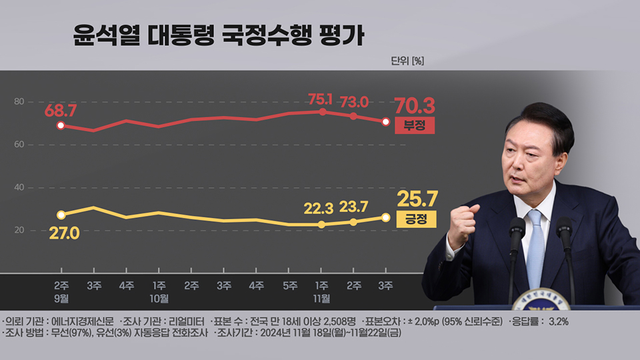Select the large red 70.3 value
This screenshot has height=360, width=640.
[x=414, y=105]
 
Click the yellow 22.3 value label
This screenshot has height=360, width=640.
[x=318, y=209]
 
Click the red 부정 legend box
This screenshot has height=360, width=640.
[x=414, y=125]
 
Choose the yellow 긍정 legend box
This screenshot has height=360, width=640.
[x=415, y=218]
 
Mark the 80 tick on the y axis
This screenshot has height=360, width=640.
[x=19, y=101]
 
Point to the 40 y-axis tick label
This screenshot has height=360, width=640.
[x=19, y=187]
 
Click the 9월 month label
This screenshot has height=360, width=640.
[x=61, y=298]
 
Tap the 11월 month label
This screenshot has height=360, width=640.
[x=322, y=298]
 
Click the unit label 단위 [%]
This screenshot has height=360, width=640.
[x=407, y=61]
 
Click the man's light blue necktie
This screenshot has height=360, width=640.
[x=535, y=247]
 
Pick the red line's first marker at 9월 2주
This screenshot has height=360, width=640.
[x=61, y=125]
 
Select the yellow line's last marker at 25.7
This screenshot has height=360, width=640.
[x=386, y=217]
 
